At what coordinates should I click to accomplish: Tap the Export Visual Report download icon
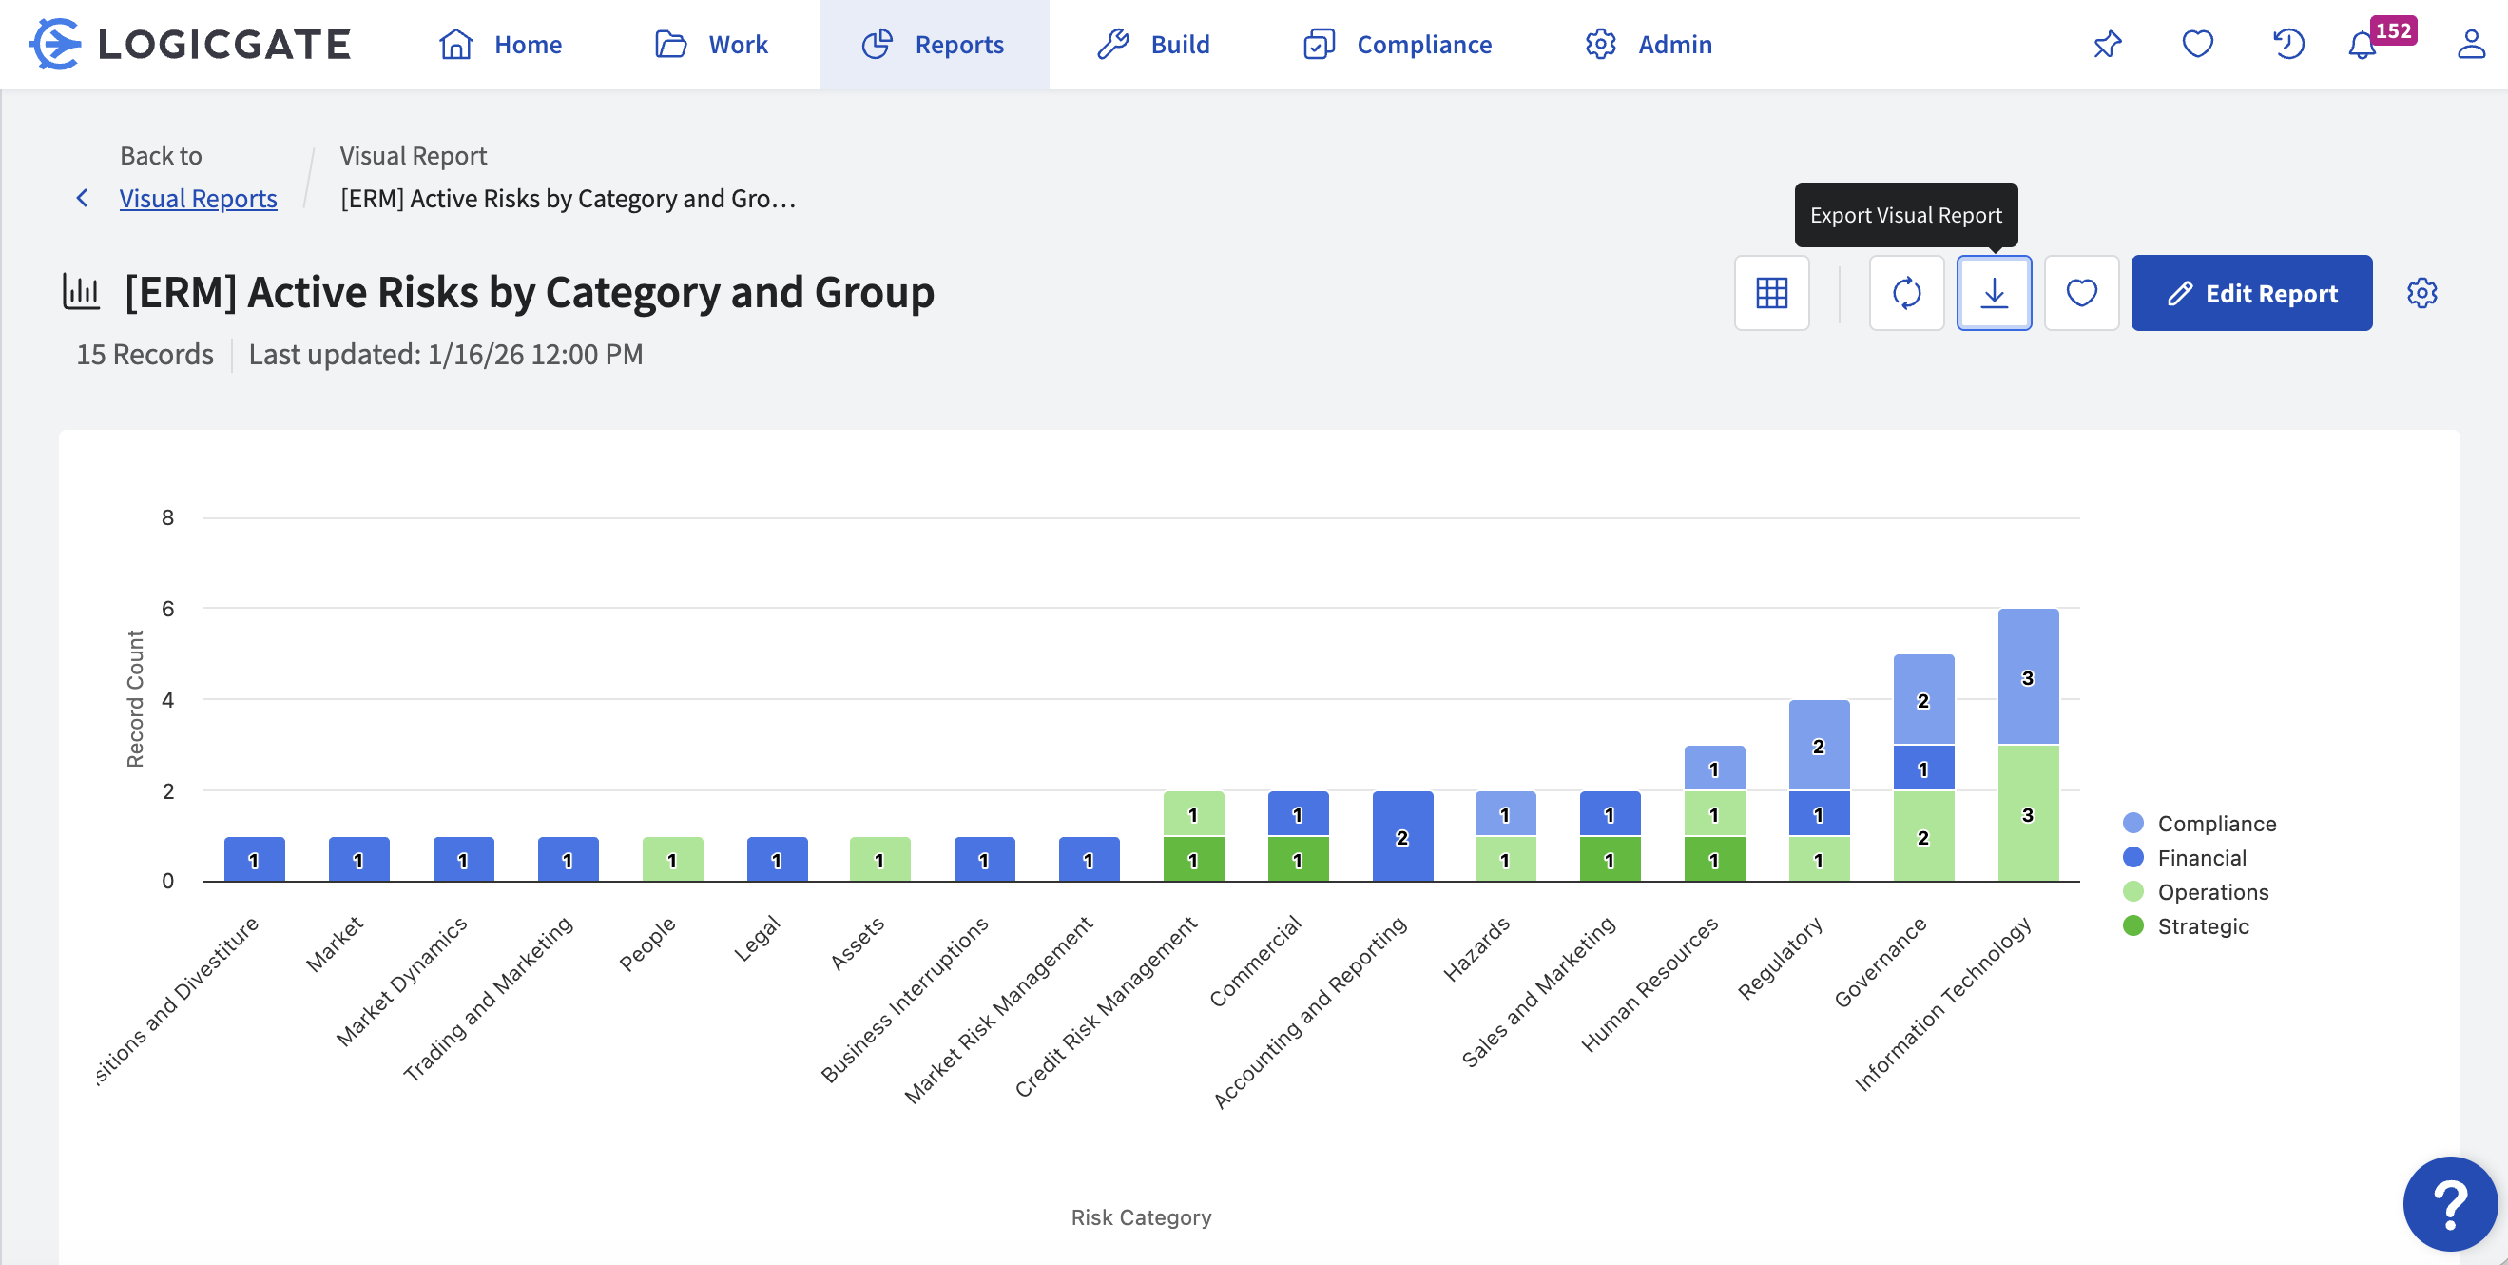pos(1993,293)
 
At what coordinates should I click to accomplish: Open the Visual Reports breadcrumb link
pos(198,199)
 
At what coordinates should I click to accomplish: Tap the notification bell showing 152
pos(2363,45)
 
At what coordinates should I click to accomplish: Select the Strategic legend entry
pos(2202,926)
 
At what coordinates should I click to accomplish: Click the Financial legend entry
pos(2201,858)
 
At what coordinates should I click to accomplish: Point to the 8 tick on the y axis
pos(168,518)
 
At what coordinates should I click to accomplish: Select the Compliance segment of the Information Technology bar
pos(2027,677)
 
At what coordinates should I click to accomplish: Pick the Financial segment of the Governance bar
pos(1923,769)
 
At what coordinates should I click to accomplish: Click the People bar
pos(672,860)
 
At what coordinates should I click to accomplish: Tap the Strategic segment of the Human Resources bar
pos(1713,860)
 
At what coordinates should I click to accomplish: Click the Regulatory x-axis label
pos(1781,960)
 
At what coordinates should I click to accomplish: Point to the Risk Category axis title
pos(1141,1217)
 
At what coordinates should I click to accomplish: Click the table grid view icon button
pos(1771,293)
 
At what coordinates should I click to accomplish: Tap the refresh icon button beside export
pos(1905,293)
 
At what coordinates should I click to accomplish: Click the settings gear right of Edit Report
pos(2421,293)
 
